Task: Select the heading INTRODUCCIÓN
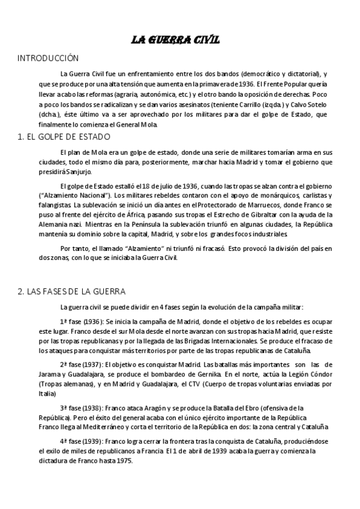click(x=49, y=58)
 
